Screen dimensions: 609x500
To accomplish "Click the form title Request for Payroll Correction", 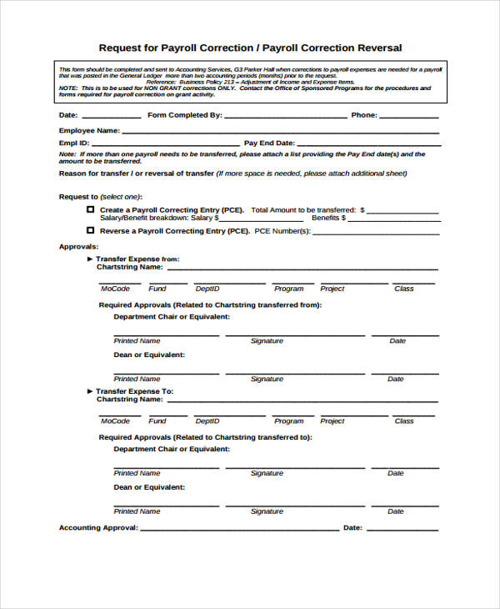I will pyautogui.click(x=250, y=48).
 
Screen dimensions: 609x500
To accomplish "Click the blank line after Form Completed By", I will pyautogui.click(x=285, y=118).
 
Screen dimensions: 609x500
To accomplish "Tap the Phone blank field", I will pyautogui.click(x=409, y=118).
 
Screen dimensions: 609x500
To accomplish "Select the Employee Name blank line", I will pyautogui.click(x=280, y=133).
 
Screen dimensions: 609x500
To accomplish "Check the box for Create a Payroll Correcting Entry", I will pyautogui.click(x=90, y=209).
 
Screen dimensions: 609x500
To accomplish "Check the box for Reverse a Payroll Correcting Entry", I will pyautogui.click(x=90, y=229).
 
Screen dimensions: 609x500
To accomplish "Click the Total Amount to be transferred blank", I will pyautogui.click(x=403, y=212).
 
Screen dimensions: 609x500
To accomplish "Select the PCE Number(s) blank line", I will pyautogui.click(x=376, y=233).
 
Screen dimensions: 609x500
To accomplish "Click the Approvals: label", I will pyautogui.click(x=78, y=247).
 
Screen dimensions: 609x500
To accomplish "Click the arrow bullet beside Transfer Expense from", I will pyautogui.click(x=90, y=259).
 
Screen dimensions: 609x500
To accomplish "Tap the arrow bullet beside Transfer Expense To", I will pyautogui.click(x=90, y=391).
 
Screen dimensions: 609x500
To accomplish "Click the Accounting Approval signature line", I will pyautogui.click(x=239, y=530).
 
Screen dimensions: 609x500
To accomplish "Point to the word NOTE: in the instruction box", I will pyautogui.click(x=67, y=88).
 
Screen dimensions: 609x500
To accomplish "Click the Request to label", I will pyautogui.click(x=78, y=196).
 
